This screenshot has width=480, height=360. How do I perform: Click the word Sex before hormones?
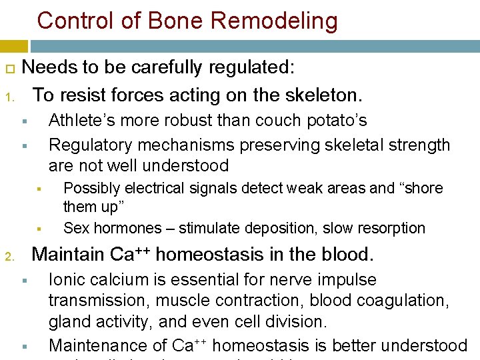click(75, 228)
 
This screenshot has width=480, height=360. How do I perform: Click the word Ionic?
click(69, 279)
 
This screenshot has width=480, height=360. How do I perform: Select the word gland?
click(69, 321)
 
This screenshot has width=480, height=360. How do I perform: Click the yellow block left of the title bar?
click(13, 46)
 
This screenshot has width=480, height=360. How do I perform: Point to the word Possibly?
click(91, 188)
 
